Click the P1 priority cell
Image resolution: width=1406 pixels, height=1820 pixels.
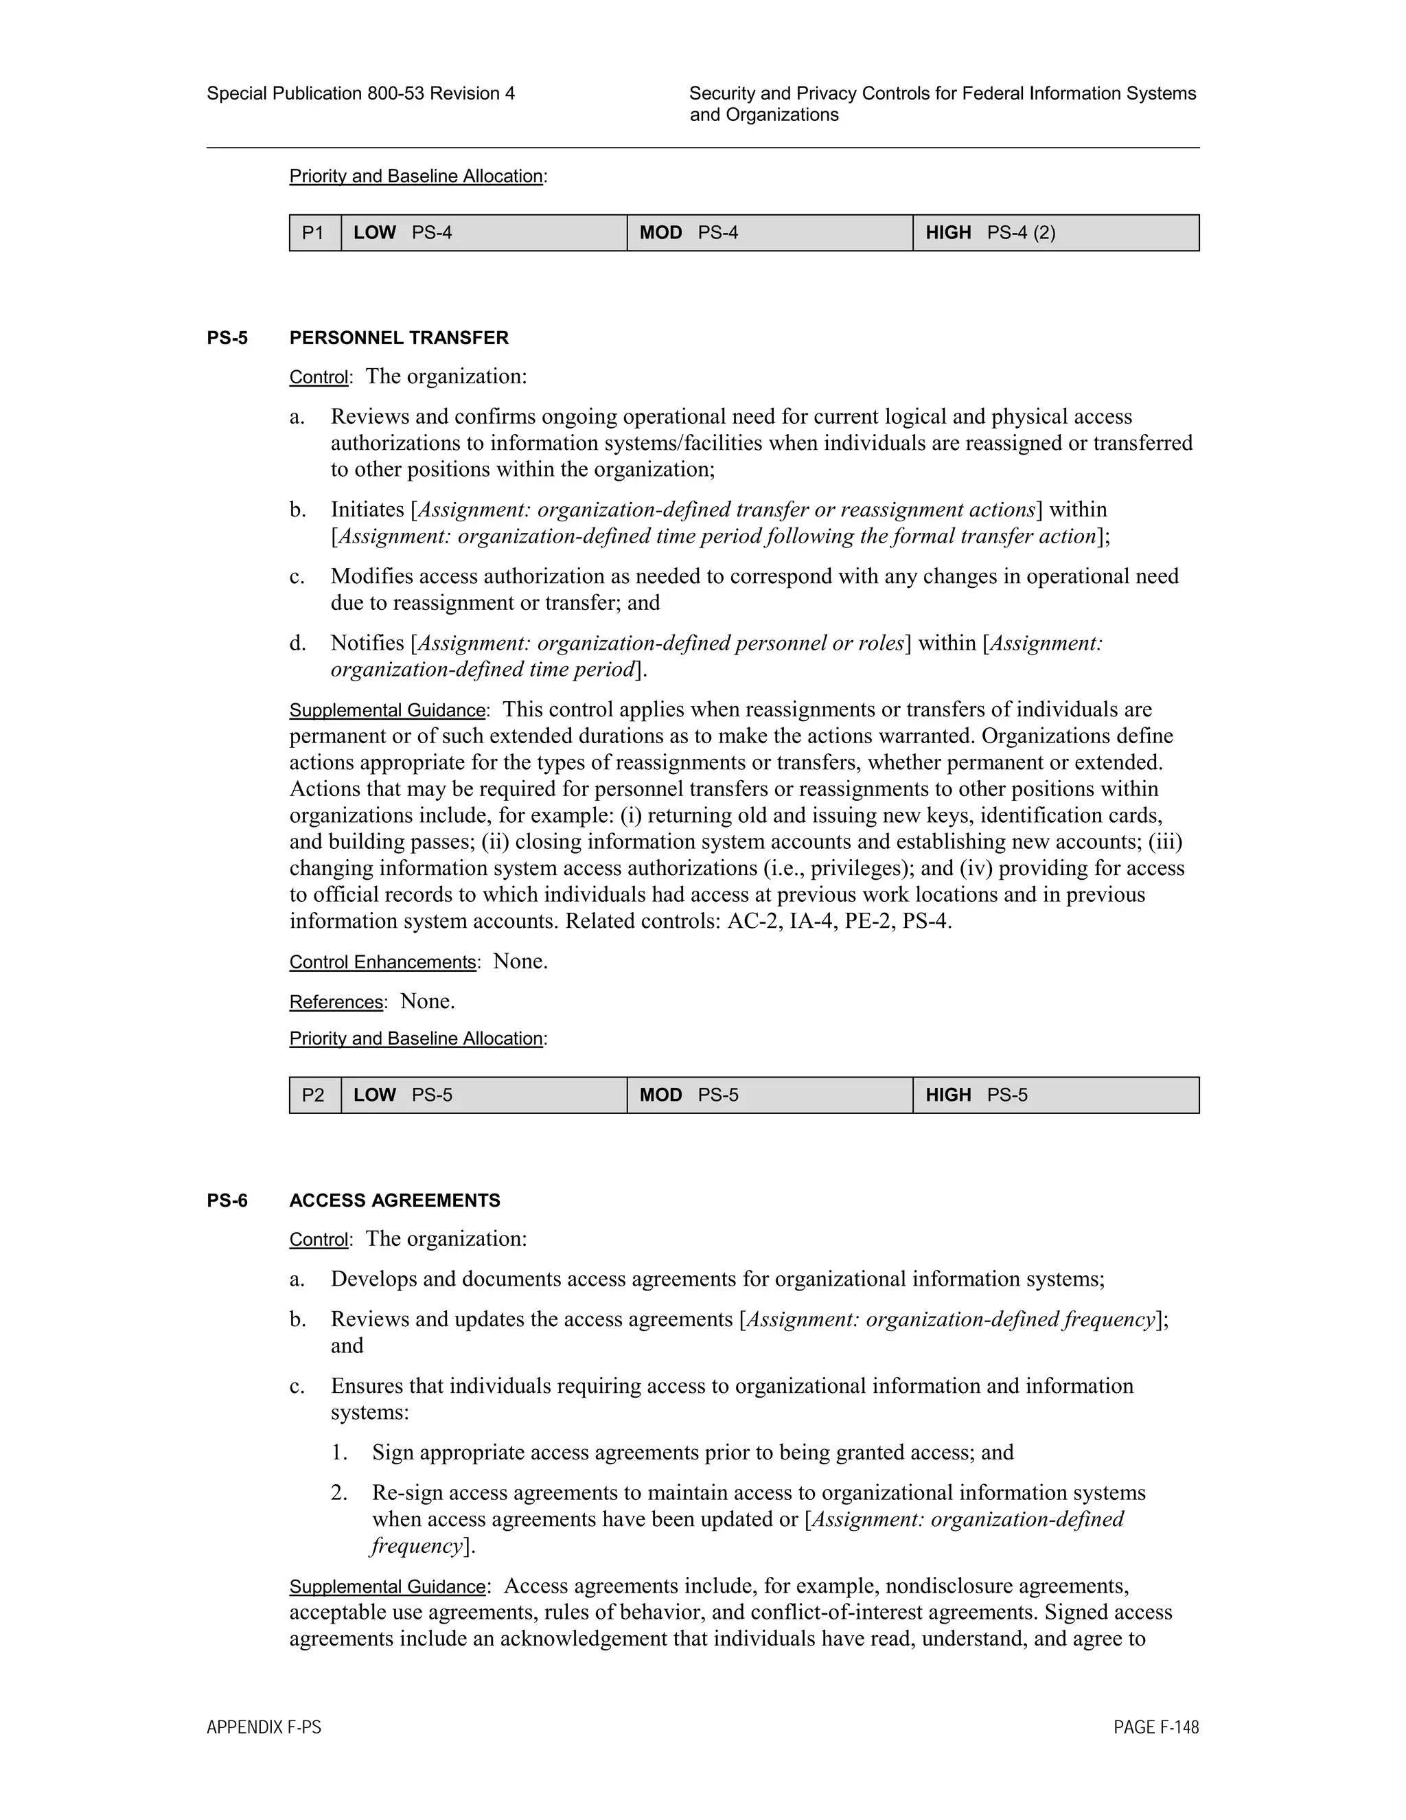tap(314, 233)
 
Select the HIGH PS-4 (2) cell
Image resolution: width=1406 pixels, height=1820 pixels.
tap(1055, 233)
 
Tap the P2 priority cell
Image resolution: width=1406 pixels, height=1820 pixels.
tap(314, 1095)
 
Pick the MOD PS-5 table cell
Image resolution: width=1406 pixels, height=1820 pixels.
tap(769, 1095)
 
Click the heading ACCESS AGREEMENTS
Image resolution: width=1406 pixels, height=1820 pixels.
tap(394, 1200)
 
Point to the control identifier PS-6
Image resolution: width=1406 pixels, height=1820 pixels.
tap(227, 1200)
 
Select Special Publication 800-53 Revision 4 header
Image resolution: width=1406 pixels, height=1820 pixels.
tap(360, 93)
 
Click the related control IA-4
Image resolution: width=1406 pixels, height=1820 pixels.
tap(807, 922)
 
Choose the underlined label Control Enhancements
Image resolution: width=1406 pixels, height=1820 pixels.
tap(382, 962)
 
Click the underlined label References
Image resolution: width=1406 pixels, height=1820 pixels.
tap(336, 1001)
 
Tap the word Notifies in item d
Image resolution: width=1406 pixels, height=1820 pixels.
tap(367, 644)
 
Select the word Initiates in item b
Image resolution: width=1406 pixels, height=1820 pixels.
tap(367, 510)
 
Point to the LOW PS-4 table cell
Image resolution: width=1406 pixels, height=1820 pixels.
tap(483, 233)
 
